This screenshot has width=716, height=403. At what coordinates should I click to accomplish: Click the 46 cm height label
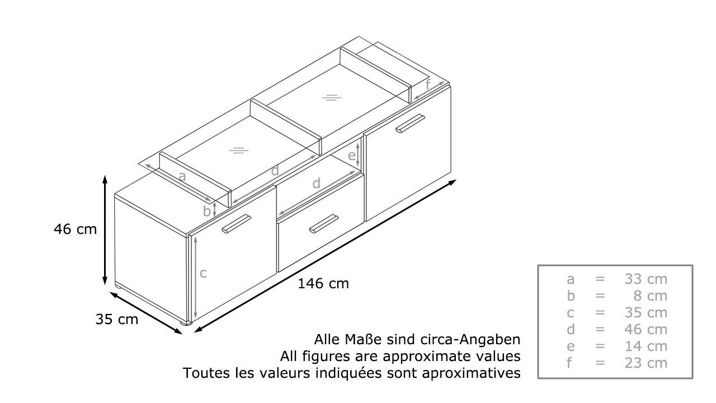(x=75, y=229)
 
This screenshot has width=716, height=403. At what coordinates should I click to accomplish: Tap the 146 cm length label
(x=323, y=284)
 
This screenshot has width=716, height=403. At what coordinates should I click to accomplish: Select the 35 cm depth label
(x=117, y=319)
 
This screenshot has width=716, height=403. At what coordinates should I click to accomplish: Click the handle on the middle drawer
(x=323, y=223)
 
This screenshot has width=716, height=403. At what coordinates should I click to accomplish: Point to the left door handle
(x=237, y=223)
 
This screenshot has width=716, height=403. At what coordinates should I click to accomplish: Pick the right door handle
(x=411, y=123)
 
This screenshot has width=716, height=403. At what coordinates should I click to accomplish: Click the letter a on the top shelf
(x=182, y=176)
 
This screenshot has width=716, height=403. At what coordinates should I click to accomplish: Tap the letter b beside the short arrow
(x=207, y=211)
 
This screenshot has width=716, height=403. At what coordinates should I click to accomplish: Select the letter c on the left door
(x=203, y=274)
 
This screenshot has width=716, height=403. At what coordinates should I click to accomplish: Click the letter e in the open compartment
(x=352, y=156)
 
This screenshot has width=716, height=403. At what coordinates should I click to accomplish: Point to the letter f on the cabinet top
(x=428, y=85)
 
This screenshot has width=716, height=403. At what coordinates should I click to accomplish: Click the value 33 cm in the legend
(x=646, y=279)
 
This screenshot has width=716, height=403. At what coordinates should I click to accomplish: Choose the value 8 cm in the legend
(x=651, y=296)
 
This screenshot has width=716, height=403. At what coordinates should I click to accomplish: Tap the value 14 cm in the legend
(x=646, y=346)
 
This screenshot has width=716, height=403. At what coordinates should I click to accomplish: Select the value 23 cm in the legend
(x=646, y=363)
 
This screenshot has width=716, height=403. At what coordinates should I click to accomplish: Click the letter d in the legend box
(x=571, y=330)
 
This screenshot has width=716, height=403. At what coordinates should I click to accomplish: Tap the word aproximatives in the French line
(x=471, y=373)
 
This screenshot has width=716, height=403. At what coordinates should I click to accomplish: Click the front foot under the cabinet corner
(x=186, y=323)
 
